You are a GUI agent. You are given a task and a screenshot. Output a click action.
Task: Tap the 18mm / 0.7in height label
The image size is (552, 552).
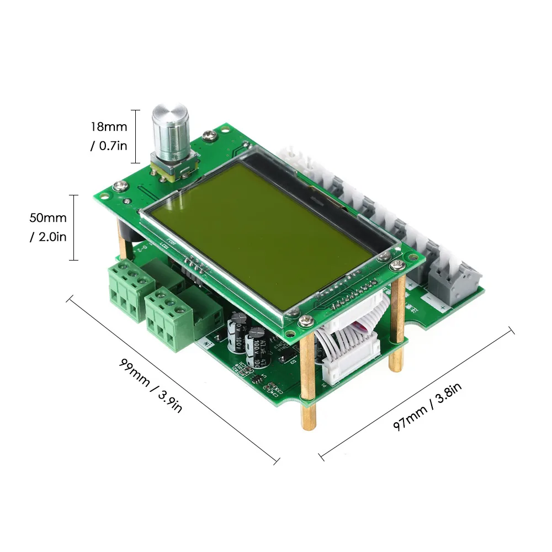point(109,136)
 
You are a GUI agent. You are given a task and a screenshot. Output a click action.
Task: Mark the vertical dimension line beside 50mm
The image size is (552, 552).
point(73,227)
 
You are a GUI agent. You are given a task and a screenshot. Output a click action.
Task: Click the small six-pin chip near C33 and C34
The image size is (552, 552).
point(256,380)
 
